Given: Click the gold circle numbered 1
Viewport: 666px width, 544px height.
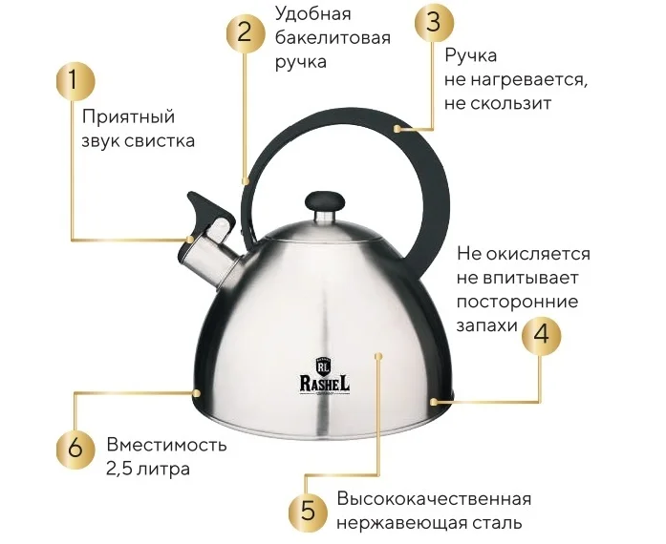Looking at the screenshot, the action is click(x=75, y=82).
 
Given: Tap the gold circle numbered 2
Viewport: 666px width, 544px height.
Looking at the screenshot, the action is click(x=245, y=34).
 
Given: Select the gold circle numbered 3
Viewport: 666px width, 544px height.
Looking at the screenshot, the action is click(x=434, y=23).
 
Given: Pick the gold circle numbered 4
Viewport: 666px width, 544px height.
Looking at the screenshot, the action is click(x=541, y=335).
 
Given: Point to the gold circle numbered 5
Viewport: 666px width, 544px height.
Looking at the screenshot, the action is click(x=308, y=511).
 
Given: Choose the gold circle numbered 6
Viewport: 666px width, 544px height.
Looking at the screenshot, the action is click(x=75, y=450).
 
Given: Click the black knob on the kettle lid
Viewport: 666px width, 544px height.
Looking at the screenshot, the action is click(x=325, y=202).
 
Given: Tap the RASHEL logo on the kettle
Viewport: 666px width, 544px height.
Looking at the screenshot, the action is click(x=325, y=377).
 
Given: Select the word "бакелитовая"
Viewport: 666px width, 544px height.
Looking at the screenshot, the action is click(x=333, y=38).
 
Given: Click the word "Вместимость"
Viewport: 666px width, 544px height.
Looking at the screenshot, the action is click(x=166, y=445).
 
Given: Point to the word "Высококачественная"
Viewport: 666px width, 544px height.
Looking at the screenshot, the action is click(x=434, y=499).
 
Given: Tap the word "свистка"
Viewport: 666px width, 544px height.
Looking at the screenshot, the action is click(x=160, y=141).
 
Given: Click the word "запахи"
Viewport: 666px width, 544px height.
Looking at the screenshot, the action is click(x=486, y=326).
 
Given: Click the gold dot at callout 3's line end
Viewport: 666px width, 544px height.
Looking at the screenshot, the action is click(x=397, y=128).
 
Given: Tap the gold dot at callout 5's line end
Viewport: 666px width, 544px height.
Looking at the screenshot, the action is click(x=379, y=356).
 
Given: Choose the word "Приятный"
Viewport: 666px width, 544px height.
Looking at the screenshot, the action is click(x=128, y=117).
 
